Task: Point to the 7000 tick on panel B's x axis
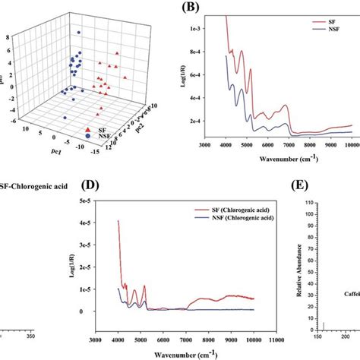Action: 286,144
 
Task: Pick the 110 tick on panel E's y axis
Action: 311,204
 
